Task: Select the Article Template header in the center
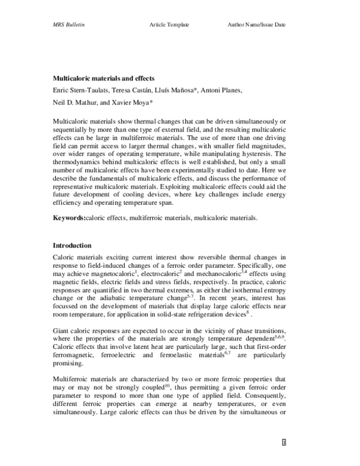(169, 25)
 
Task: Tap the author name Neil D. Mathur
(71, 103)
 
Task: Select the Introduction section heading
(72, 246)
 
